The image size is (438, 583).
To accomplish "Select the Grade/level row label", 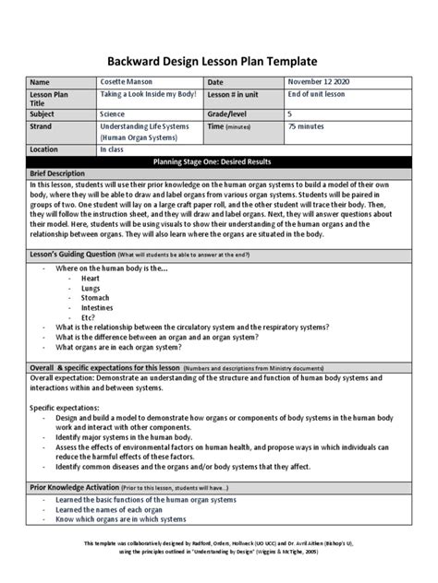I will point(232,114).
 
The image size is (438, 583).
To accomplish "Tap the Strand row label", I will point(43,125).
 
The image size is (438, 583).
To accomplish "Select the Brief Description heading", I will point(62,173).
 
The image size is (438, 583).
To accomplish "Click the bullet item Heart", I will point(91,277).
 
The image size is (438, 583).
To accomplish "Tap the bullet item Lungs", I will point(91,287).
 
